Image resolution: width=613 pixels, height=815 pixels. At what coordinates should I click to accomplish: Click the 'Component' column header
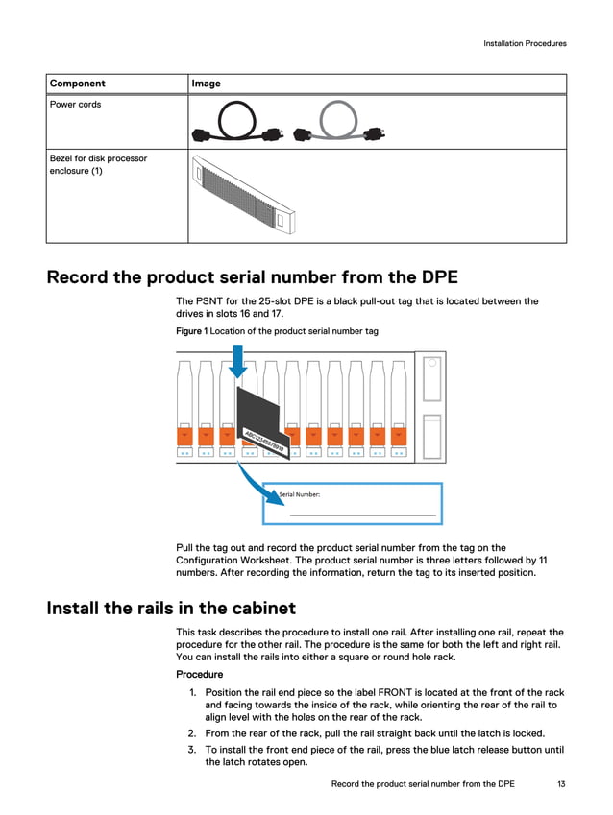point(78,84)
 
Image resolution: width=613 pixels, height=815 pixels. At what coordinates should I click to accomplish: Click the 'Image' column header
point(206,84)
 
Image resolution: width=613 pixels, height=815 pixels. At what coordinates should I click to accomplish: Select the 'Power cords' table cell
point(76,105)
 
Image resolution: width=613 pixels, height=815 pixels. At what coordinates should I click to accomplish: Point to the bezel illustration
point(246,195)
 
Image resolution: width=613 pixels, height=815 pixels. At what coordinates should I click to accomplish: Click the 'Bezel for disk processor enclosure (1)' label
point(98,164)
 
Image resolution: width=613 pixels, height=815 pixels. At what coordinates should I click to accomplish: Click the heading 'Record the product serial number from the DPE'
point(253,277)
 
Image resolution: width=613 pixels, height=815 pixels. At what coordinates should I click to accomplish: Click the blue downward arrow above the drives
point(238,366)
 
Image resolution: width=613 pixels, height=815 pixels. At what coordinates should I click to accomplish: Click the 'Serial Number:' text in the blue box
point(300,495)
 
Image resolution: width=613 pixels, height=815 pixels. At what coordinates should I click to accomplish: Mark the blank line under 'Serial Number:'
point(362,515)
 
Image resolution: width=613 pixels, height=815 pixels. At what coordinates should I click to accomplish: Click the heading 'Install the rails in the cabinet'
point(171,608)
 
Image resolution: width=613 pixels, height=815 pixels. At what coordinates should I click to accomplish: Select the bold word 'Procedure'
point(199,674)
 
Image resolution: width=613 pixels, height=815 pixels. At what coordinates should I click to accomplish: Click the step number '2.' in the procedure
point(192,733)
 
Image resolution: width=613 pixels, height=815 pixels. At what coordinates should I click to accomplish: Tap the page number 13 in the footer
point(560,784)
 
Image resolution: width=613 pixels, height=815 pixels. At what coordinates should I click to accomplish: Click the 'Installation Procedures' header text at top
point(525,43)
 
